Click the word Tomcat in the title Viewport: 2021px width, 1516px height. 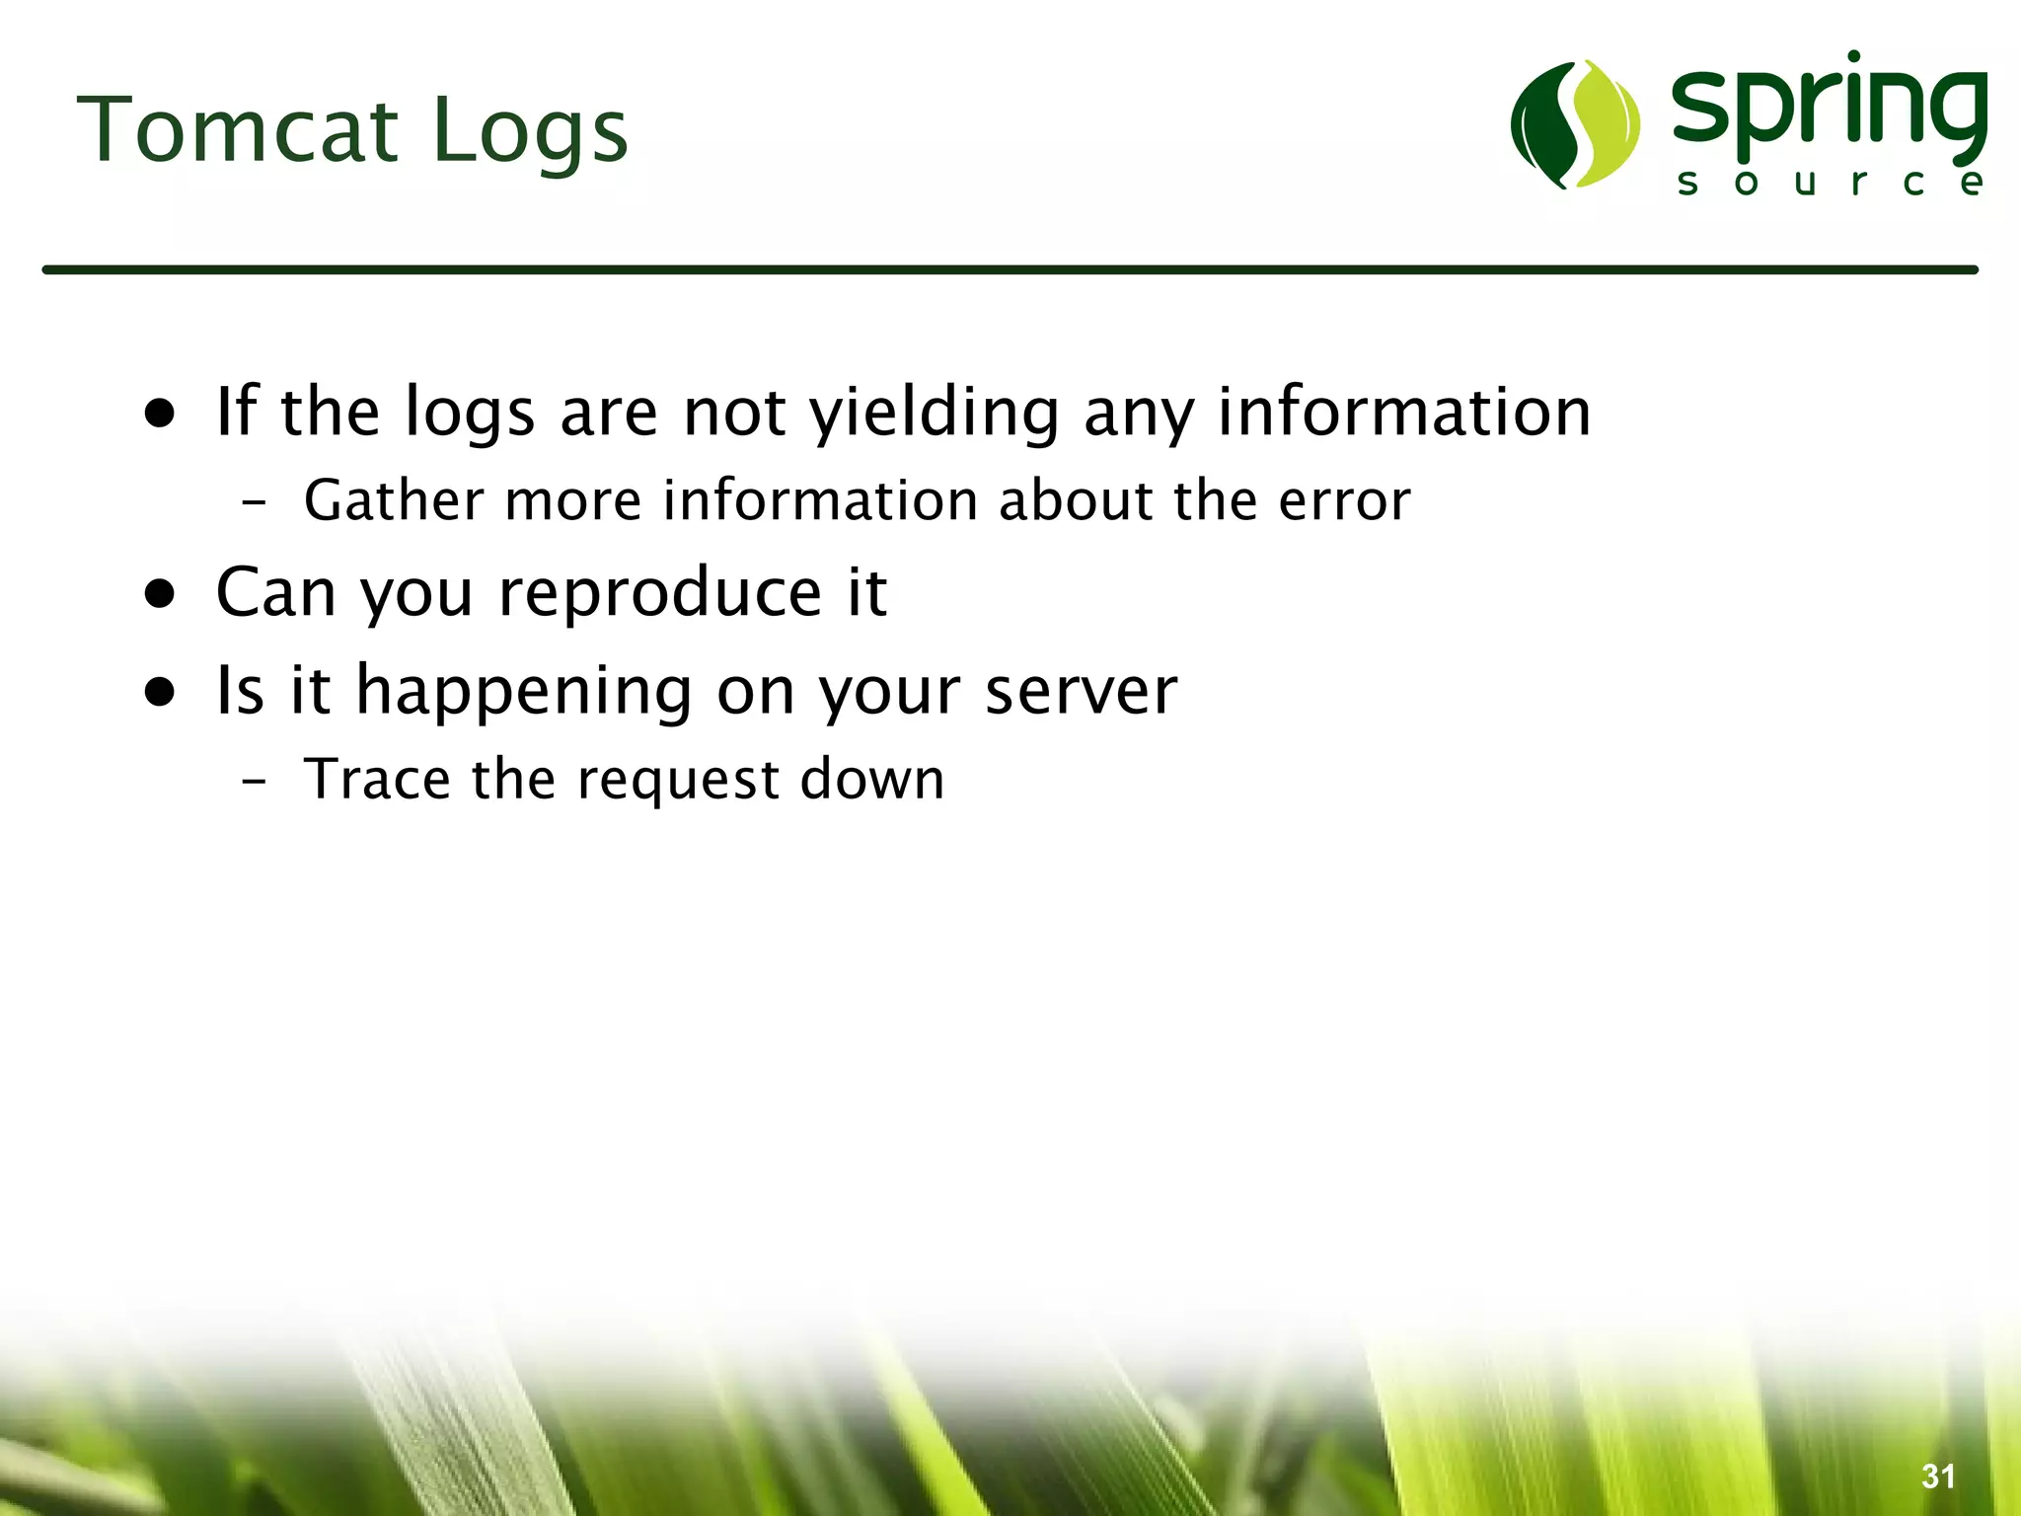coord(237,131)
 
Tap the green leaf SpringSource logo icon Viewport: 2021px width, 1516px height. coord(1575,124)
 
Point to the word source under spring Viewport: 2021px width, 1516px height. coord(1830,183)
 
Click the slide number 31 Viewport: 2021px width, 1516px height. coord(1938,1476)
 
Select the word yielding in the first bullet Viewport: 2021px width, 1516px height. coord(934,412)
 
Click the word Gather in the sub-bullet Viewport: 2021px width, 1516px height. coord(393,500)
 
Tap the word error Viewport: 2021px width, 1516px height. coord(1344,500)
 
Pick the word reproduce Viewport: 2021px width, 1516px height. coord(659,593)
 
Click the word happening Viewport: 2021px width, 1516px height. coord(523,691)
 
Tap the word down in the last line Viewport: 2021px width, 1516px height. coord(872,779)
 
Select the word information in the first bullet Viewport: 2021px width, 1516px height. coord(1403,412)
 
